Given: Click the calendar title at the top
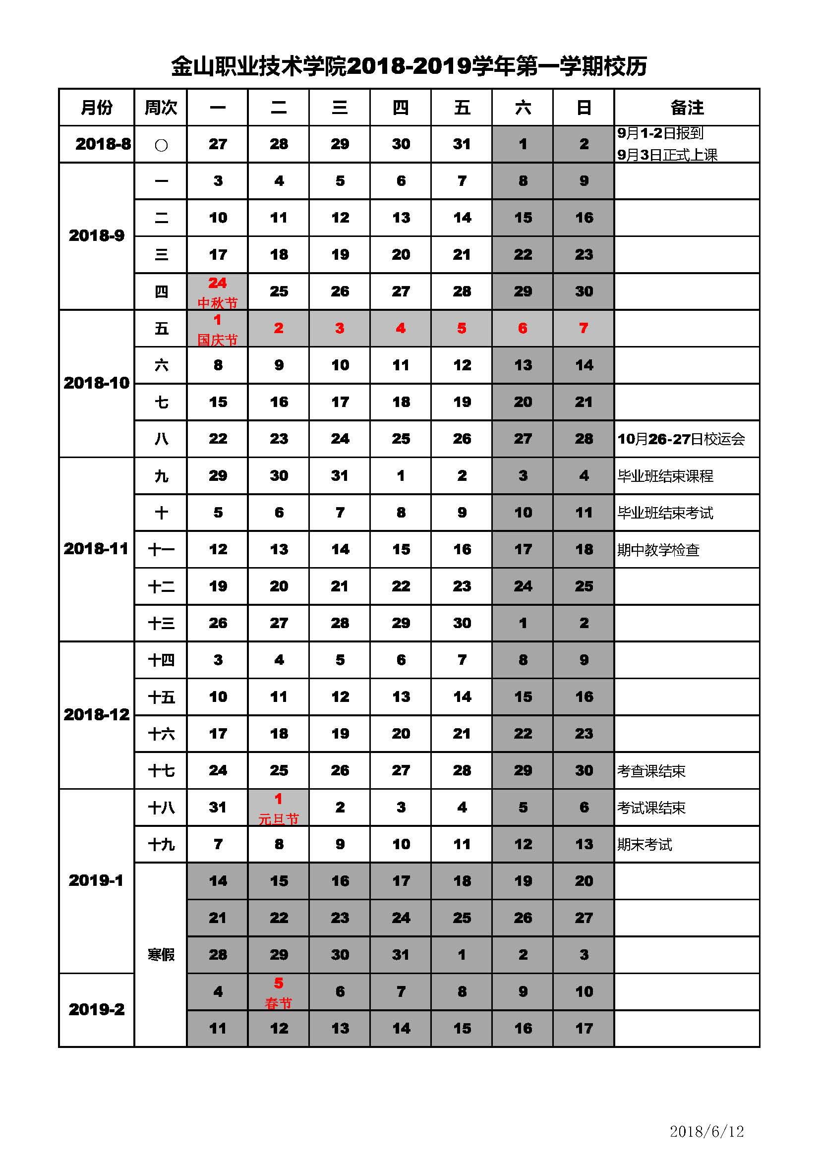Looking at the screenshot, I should [x=409, y=66].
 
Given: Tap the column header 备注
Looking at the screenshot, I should [x=687, y=108].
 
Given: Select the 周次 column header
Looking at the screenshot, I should [x=161, y=108].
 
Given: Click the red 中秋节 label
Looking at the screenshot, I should [x=217, y=303].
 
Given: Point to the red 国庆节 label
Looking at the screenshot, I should [x=217, y=340].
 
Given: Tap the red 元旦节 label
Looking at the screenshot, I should [x=279, y=819].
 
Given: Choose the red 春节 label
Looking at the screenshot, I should [x=279, y=1003].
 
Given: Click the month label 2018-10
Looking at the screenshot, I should [x=97, y=383].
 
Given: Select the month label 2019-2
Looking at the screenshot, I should [x=97, y=1010].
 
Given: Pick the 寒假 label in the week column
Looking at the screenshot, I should [x=161, y=955].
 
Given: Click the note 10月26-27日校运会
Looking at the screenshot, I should [x=681, y=439].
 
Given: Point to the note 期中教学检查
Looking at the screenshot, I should [x=658, y=550].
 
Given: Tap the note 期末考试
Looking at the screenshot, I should [x=644, y=845].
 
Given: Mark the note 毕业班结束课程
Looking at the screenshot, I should [x=665, y=476].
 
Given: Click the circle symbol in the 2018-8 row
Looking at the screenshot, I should [x=161, y=145].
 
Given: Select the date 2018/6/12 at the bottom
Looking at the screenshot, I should [x=706, y=1131].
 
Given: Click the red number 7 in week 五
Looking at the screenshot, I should [x=584, y=328].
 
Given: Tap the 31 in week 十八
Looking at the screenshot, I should [x=218, y=807].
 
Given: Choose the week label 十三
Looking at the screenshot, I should [x=161, y=624].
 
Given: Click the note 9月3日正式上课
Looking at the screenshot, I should [x=667, y=155].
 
